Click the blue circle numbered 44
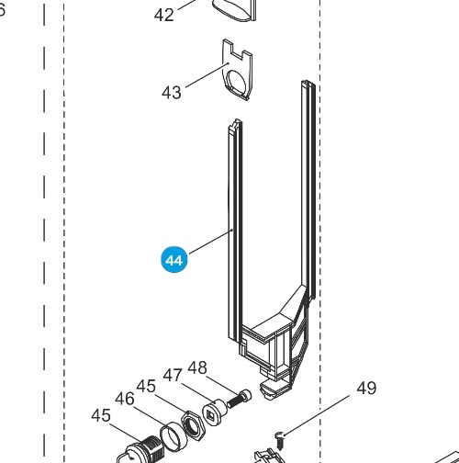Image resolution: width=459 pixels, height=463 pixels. tap(174, 260)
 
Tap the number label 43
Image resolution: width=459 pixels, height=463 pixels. tap(172, 93)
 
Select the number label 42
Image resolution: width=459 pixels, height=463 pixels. tap(164, 15)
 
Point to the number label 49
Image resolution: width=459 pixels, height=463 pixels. tap(366, 388)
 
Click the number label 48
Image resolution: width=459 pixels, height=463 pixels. tap(197, 367)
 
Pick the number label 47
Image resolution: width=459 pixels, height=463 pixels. tap(173, 375)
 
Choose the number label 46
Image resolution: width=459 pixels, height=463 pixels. tap(125, 399)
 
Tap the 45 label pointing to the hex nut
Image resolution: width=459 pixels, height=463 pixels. tap(146, 386)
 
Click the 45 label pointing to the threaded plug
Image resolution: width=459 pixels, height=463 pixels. tap(101, 415)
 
